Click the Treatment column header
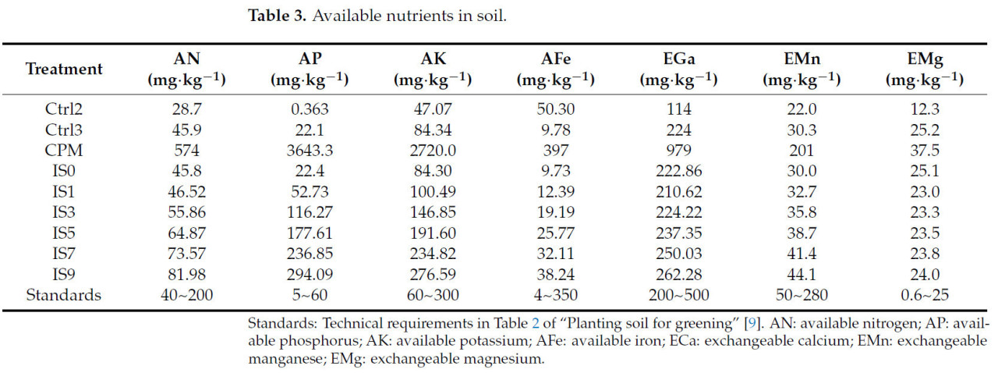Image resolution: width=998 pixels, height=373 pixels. coord(64,69)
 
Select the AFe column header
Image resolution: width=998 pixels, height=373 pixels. coord(555,69)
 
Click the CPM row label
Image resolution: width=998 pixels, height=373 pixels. coord(64,151)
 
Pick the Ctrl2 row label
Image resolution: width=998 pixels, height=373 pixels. coord(64,110)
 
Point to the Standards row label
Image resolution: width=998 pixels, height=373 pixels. coord(64,295)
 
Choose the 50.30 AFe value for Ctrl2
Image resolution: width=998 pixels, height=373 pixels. coord(555,110)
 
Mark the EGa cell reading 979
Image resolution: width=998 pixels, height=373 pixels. coord(678,151)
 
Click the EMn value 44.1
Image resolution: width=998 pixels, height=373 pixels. coord(802,275)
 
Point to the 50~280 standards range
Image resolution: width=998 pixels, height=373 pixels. coord(802,295)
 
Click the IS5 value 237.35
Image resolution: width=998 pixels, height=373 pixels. coord(678,233)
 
